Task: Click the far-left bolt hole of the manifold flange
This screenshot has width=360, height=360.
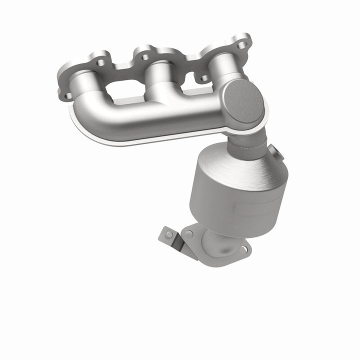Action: [x=67, y=94]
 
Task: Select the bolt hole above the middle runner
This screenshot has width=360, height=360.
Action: [x=144, y=57]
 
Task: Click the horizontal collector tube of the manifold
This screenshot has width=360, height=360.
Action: [x=150, y=120]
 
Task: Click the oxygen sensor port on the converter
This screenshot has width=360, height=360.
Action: [x=273, y=150]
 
